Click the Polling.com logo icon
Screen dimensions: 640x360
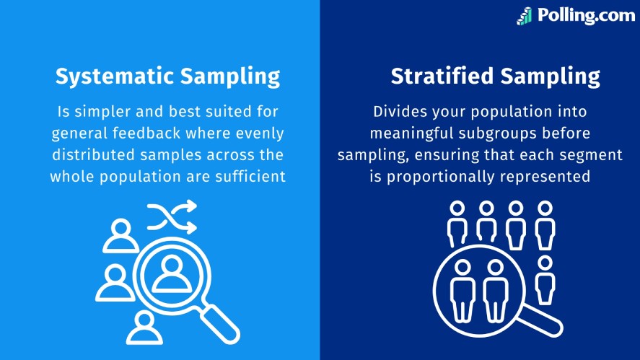(525, 17)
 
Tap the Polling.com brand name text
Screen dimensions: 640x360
(586, 15)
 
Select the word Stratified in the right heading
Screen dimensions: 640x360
(442, 76)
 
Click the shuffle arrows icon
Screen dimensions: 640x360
(172, 216)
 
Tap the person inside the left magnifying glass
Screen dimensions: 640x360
(172, 274)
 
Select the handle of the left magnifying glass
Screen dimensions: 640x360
(219, 324)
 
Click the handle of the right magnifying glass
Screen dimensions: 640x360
(542, 320)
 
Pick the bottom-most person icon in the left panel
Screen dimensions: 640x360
(144, 328)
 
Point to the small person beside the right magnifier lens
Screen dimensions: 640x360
(545, 280)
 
